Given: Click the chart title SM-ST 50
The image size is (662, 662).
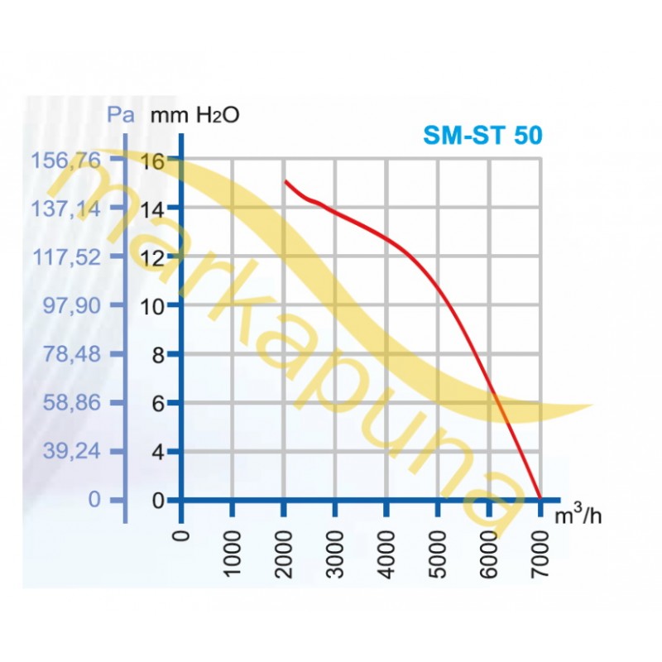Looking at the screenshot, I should tap(483, 135).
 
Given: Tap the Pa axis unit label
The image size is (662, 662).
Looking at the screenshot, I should tap(122, 114).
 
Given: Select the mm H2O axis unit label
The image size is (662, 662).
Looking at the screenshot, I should tap(194, 114).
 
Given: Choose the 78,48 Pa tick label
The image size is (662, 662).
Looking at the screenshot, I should tap(72, 354).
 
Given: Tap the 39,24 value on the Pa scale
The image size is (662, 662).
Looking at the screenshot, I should tap(72, 452).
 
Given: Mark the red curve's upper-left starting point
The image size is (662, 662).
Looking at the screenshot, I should tap(285, 180).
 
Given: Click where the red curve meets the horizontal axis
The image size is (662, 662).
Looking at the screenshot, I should tap(540, 498).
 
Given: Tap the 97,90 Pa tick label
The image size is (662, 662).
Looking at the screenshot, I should tap(72, 305).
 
